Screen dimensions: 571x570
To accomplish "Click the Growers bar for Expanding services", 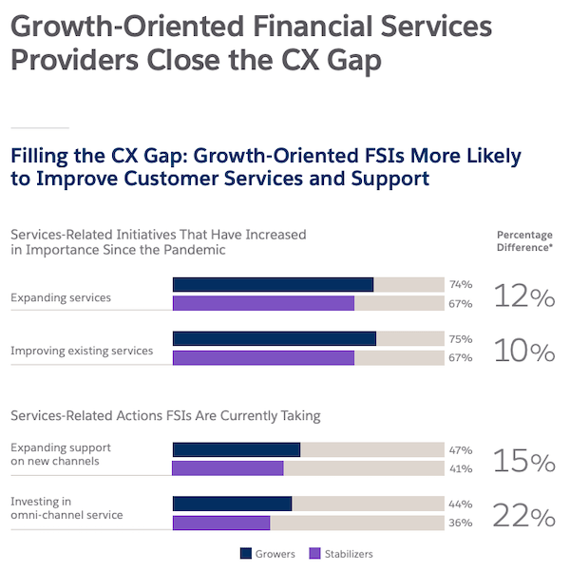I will (x=273, y=284).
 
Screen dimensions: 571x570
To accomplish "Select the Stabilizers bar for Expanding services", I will (x=263, y=303).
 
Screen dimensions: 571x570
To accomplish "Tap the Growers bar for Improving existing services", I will (x=274, y=338).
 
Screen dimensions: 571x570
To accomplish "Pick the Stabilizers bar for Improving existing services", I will (x=263, y=357).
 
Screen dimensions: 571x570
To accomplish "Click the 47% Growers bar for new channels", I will (x=236, y=449).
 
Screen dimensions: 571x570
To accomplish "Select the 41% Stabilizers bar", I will (x=228, y=468).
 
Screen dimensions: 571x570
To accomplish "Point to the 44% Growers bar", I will (x=232, y=504).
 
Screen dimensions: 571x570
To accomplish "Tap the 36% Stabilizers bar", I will (x=221, y=523).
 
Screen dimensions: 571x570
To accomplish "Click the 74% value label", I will (x=461, y=284).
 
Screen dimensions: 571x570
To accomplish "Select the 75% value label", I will (x=461, y=338).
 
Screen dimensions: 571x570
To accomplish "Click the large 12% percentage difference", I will (x=523, y=297).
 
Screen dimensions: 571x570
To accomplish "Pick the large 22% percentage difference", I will (x=523, y=517).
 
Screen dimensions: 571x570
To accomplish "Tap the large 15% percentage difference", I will (x=523, y=463).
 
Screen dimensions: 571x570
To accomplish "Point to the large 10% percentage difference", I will (x=523, y=352).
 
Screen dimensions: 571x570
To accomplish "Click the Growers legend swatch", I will (x=246, y=554).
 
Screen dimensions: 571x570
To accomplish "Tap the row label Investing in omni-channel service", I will (x=66, y=508).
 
